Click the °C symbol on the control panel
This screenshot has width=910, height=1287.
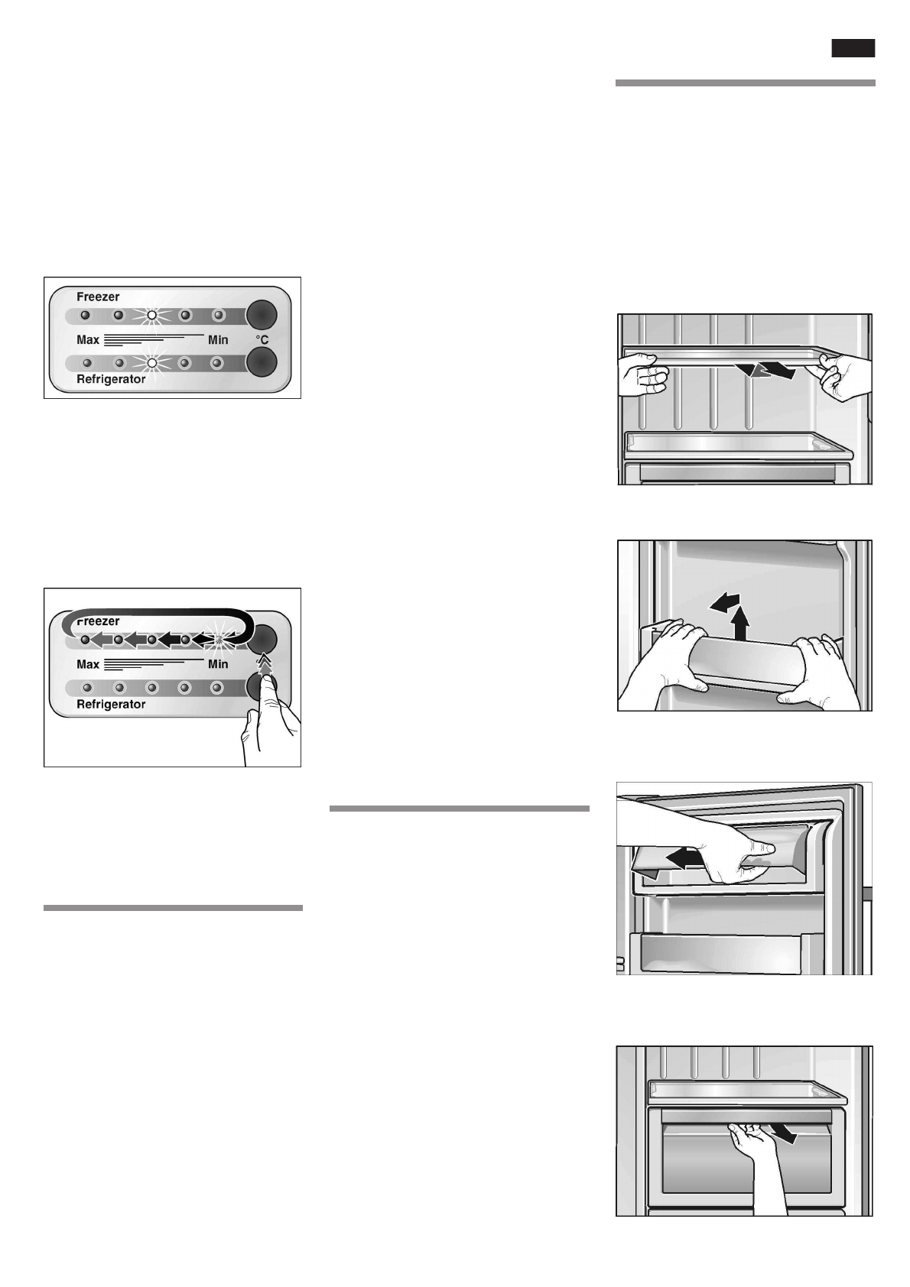261,339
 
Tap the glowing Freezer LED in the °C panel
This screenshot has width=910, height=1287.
151,315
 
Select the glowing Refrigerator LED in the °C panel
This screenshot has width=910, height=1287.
151,362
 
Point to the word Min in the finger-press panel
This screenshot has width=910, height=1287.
218,664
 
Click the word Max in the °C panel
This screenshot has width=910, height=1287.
88,339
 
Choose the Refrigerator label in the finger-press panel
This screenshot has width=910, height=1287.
111,704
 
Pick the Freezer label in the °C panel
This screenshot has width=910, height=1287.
98,297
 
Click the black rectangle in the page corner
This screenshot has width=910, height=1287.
853,48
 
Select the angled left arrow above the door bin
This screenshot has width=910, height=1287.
723,604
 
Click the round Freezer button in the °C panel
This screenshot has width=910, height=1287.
261,314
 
